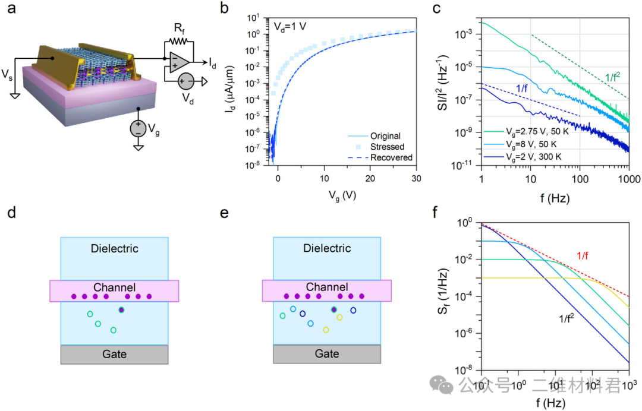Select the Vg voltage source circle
(x=137, y=128)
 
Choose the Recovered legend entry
(x=391, y=157)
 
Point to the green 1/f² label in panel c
(x=615, y=77)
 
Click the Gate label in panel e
(x=326, y=353)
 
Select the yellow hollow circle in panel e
(x=326, y=330)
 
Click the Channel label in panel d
(x=115, y=287)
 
